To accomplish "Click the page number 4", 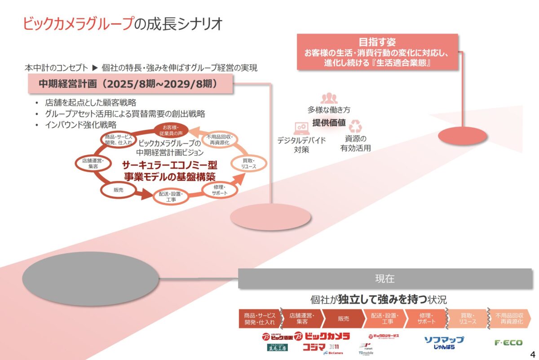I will point(533,353).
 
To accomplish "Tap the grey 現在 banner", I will point(384,279).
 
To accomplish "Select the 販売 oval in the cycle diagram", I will point(119,190).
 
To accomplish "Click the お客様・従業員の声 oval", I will point(170,130).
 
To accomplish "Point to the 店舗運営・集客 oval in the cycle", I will point(93,163).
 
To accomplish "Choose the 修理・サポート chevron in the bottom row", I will point(425,318).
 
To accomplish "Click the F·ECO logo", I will point(508,343).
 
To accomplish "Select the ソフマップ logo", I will point(444,340).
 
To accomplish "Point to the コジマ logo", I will point(314,347).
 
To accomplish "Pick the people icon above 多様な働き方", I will point(329,98).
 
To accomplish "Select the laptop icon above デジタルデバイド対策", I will point(300,128).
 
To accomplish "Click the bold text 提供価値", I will point(329,123).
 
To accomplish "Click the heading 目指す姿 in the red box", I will point(377,43).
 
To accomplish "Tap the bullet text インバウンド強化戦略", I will point(81,124).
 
